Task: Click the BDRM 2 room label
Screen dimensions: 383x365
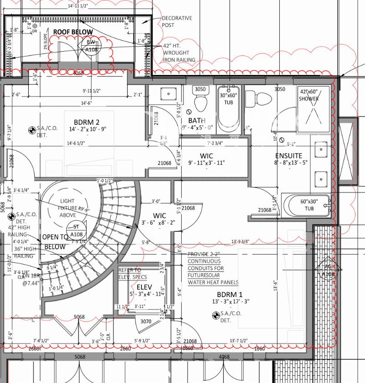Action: [87, 122]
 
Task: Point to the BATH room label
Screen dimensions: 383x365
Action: [197, 121]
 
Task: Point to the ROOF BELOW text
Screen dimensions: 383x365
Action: [73, 32]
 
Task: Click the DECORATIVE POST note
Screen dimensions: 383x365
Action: [177, 21]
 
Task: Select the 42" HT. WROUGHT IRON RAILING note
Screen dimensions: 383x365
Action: [179, 53]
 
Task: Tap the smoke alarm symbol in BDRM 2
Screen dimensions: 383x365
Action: [32, 130]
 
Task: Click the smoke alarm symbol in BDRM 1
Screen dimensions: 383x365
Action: [215, 315]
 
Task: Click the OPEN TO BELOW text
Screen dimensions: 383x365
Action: [55, 242]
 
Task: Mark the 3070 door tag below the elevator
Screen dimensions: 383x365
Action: [145, 322]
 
